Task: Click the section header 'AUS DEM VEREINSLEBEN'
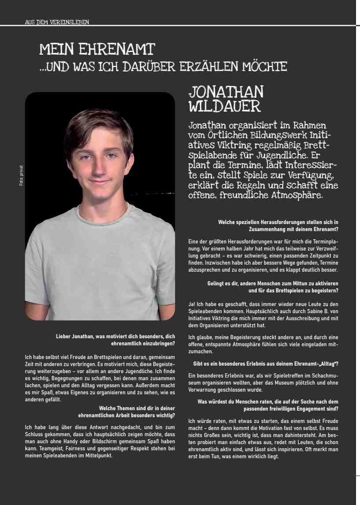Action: point(57,22)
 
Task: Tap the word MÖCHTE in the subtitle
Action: point(264,67)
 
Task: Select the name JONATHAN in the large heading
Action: point(226,92)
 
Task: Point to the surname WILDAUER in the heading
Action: point(225,106)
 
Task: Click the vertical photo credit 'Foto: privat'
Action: point(21,175)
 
